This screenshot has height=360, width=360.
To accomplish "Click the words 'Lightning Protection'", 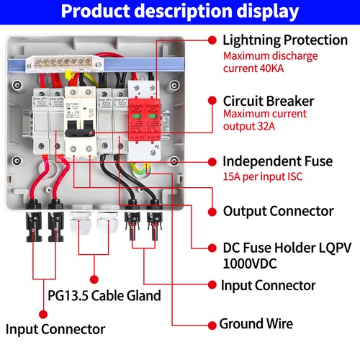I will click(x=284, y=40).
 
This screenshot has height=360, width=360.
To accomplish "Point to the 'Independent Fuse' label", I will click(x=277, y=161).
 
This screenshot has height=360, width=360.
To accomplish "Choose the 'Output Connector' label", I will click(x=278, y=211).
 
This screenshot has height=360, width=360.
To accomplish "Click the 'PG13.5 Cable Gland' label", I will click(x=104, y=295).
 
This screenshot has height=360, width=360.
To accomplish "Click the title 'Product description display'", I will click(x=179, y=12).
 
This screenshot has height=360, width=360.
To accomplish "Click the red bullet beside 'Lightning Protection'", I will click(x=212, y=40).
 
